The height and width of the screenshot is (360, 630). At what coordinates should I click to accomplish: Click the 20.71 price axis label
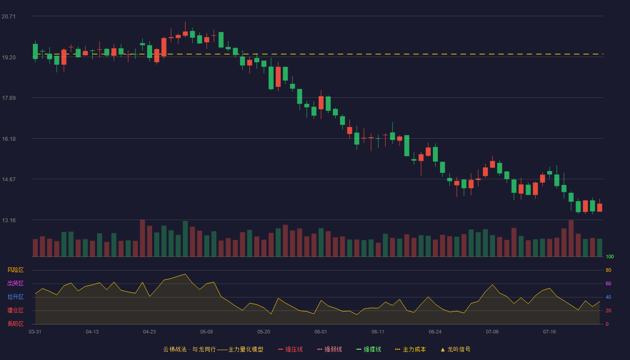[9, 17]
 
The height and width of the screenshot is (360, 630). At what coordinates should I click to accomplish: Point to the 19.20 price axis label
[9, 58]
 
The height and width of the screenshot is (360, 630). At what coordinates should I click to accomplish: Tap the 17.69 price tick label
[9, 98]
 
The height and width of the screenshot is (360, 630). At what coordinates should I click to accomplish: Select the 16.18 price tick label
[9, 139]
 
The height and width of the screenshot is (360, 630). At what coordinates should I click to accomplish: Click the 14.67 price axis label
[9, 180]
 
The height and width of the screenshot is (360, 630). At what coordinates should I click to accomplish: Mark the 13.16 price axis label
[9, 220]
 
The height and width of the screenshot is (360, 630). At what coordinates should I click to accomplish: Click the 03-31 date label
[35, 332]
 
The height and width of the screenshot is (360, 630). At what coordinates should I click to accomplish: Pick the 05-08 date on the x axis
[207, 332]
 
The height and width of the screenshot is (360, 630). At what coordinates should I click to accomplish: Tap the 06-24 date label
[435, 332]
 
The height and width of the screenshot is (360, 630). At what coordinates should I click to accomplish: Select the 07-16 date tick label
[549, 332]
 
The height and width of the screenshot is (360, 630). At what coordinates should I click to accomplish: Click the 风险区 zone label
[15, 270]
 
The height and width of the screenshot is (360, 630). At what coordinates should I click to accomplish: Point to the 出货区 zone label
[15, 283]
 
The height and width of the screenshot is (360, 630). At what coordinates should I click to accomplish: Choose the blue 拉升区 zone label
[15, 297]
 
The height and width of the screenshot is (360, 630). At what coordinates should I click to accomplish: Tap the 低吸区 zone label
[15, 324]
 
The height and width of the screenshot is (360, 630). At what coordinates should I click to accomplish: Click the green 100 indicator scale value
[610, 256]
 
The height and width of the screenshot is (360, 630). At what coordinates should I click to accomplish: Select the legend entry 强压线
[290, 349]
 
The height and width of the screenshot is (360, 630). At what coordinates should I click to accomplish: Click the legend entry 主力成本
[410, 349]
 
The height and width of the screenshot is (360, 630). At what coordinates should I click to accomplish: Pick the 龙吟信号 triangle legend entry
[455, 349]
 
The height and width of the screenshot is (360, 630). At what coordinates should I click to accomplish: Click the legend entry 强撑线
[369, 349]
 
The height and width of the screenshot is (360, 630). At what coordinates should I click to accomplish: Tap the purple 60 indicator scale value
[608, 283]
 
